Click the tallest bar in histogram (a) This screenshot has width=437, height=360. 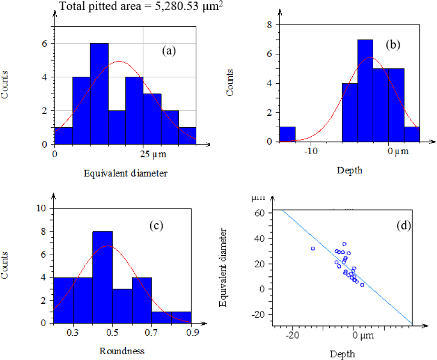coord(99,93)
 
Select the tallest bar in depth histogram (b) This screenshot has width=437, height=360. coord(365,90)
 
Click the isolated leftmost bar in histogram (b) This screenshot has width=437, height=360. coord(287,134)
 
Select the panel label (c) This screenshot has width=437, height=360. coord(155,225)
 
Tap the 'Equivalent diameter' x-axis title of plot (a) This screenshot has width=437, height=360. coord(125,173)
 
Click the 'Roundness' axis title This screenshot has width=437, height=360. coord(122,352)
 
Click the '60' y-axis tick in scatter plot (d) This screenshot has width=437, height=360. coord(259,213)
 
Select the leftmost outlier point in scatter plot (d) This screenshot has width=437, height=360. coord(313,249)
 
